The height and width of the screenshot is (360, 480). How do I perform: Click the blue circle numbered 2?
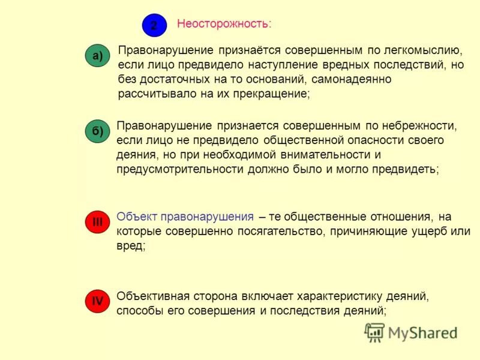tap(154, 25)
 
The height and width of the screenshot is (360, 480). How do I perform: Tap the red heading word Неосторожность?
tap(223, 24)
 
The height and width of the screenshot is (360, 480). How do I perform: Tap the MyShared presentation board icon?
tap(375, 332)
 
